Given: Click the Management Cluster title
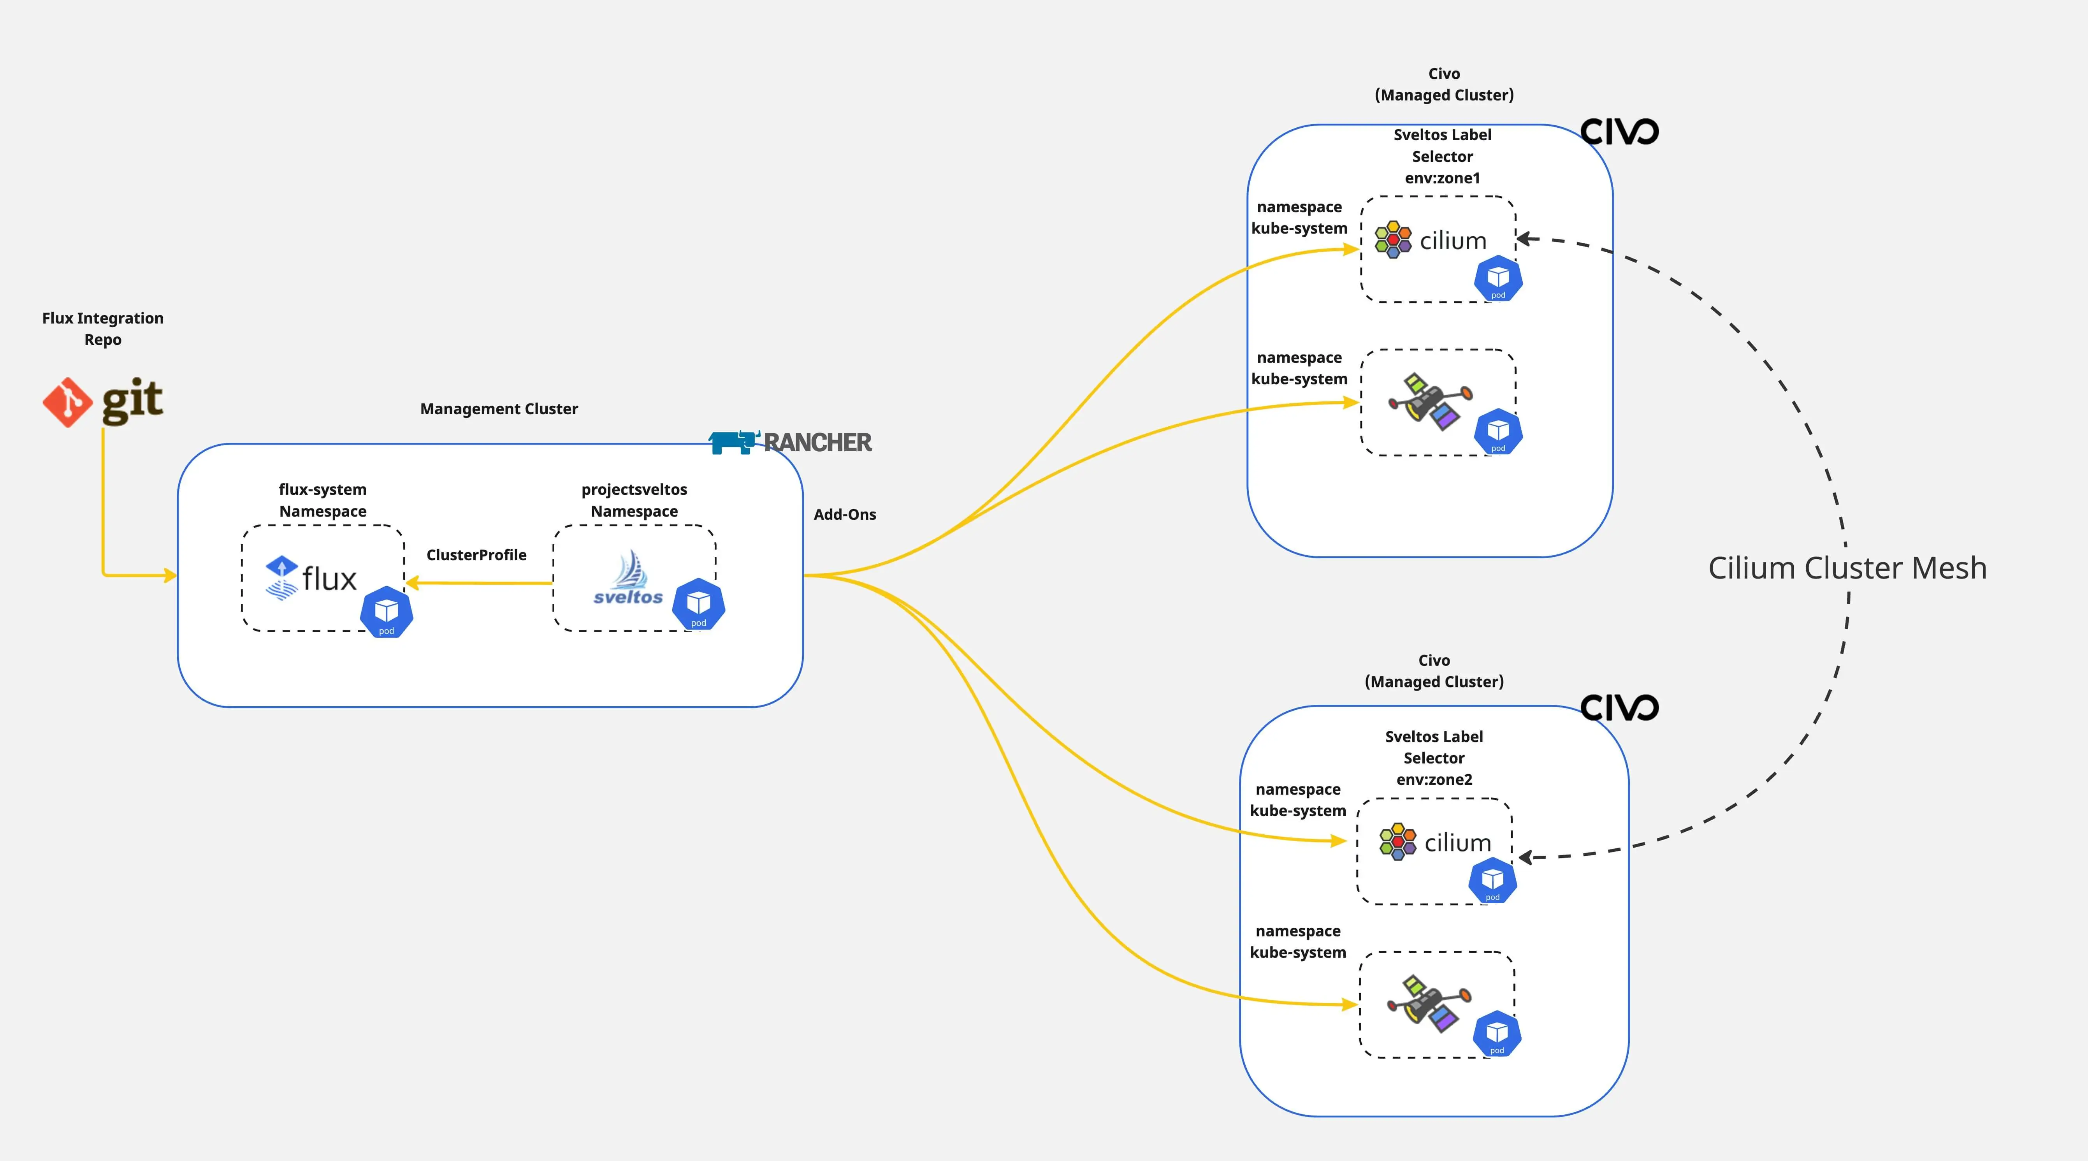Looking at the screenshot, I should tap(499, 409).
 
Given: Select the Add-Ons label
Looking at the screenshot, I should tap(845, 514).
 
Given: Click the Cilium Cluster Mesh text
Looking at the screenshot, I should tap(1847, 568).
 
